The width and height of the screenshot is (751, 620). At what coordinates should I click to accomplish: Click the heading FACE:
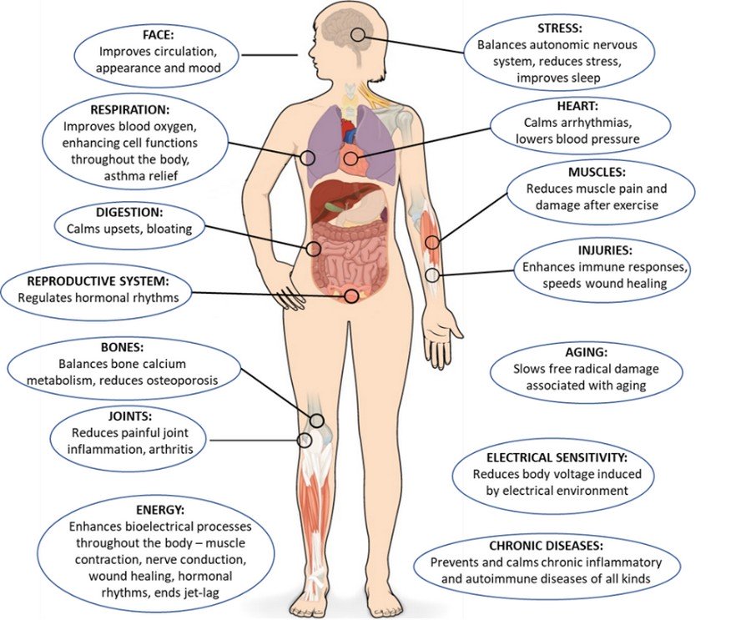(158, 36)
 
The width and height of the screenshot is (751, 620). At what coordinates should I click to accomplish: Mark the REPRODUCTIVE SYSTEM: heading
(98, 280)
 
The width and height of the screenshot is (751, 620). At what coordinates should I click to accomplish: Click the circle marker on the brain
(359, 35)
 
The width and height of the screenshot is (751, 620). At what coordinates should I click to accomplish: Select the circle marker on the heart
(350, 158)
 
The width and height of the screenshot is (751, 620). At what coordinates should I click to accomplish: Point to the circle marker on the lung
(309, 156)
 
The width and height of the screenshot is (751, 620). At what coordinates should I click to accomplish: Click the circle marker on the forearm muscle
(432, 243)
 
